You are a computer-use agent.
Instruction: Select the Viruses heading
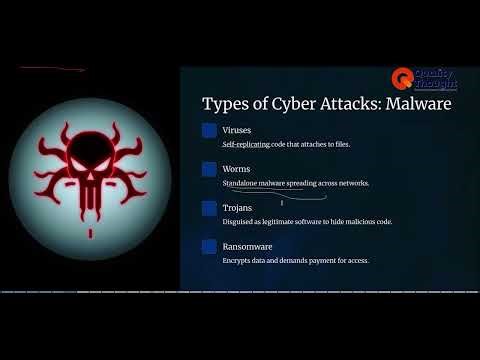click(x=237, y=130)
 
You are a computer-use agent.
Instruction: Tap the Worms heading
click(x=236, y=169)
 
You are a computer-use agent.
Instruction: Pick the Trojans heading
click(x=238, y=208)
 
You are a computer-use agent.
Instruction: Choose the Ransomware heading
click(x=248, y=246)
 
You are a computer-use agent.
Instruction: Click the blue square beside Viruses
click(x=209, y=130)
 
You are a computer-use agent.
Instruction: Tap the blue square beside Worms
click(x=209, y=169)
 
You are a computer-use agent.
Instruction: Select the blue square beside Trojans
click(x=209, y=208)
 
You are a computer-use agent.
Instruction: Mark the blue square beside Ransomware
click(x=209, y=246)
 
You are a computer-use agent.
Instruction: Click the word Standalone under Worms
click(x=241, y=184)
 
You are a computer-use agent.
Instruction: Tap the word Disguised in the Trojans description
click(x=239, y=222)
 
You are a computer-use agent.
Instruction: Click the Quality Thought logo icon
click(x=401, y=77)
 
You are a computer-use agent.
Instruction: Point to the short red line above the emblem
click(x=52, y=69)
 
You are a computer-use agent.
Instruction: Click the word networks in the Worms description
click(x=352, y=184)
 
